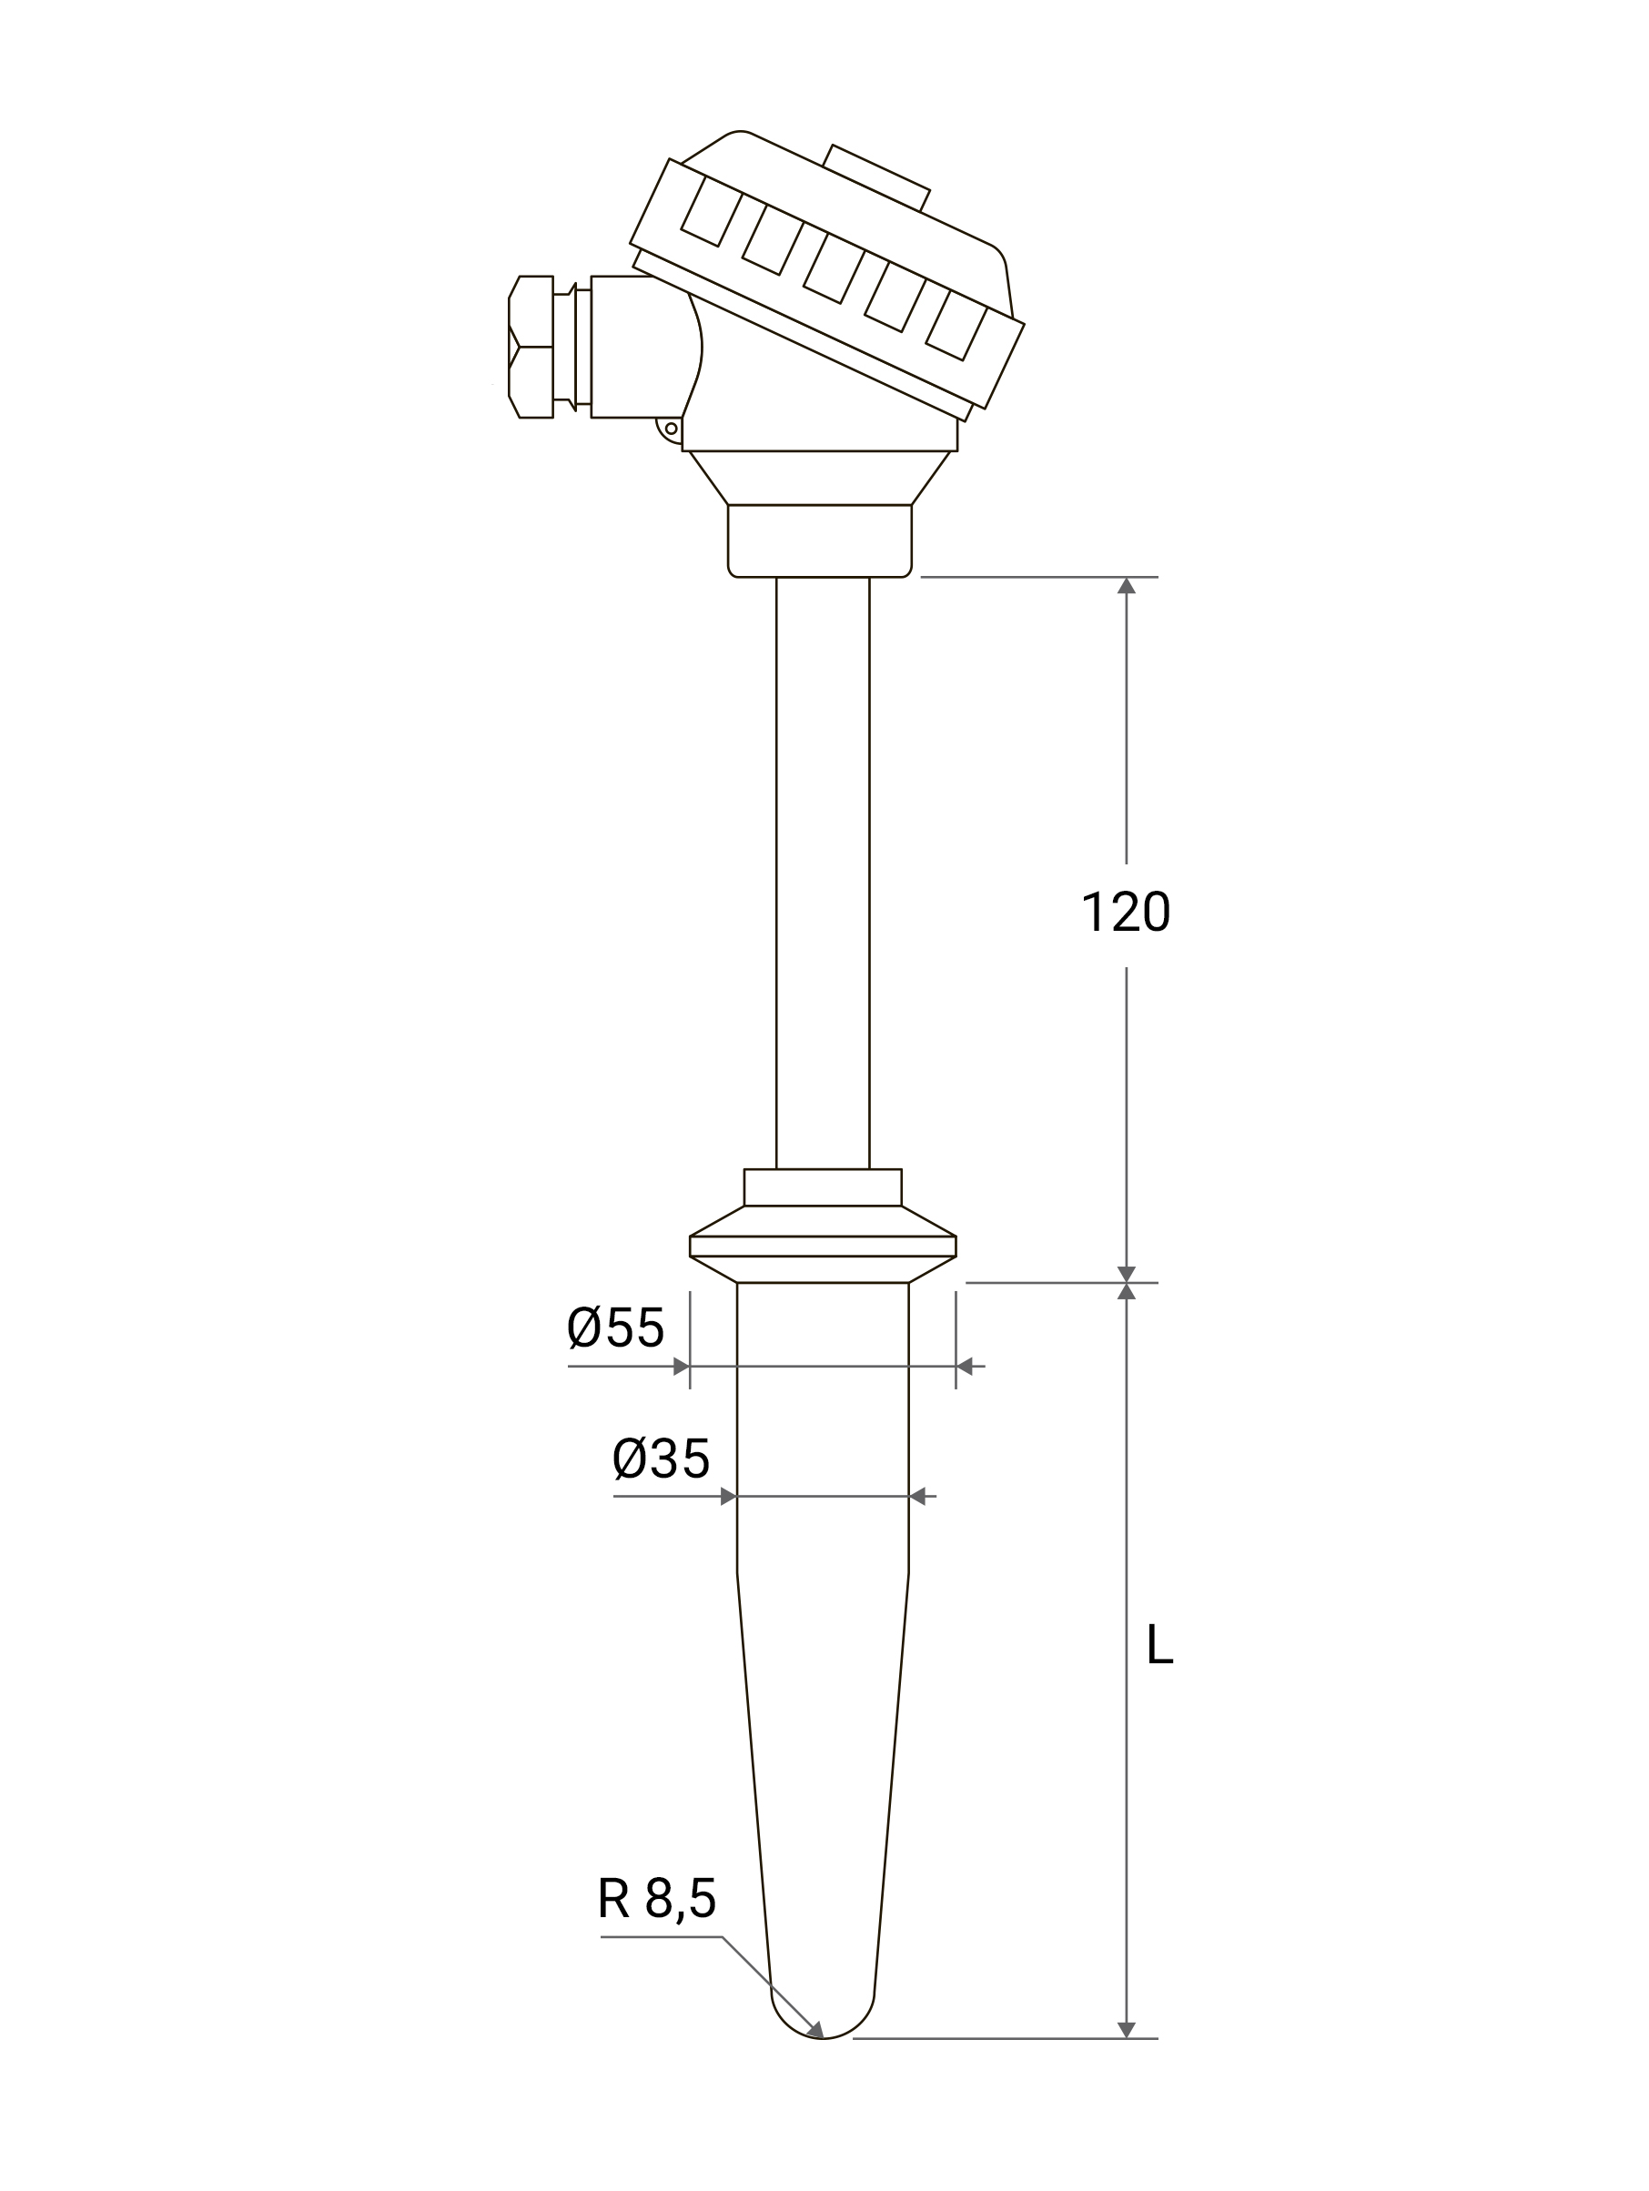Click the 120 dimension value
click(1125, 912)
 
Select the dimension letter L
click(1158, 1644)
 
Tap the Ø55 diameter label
click(615, 1328)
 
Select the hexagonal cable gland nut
click(531, 347)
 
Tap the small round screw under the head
click(671, 429)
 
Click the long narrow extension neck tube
click(822, 872)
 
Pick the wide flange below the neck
click(822, 1245)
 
